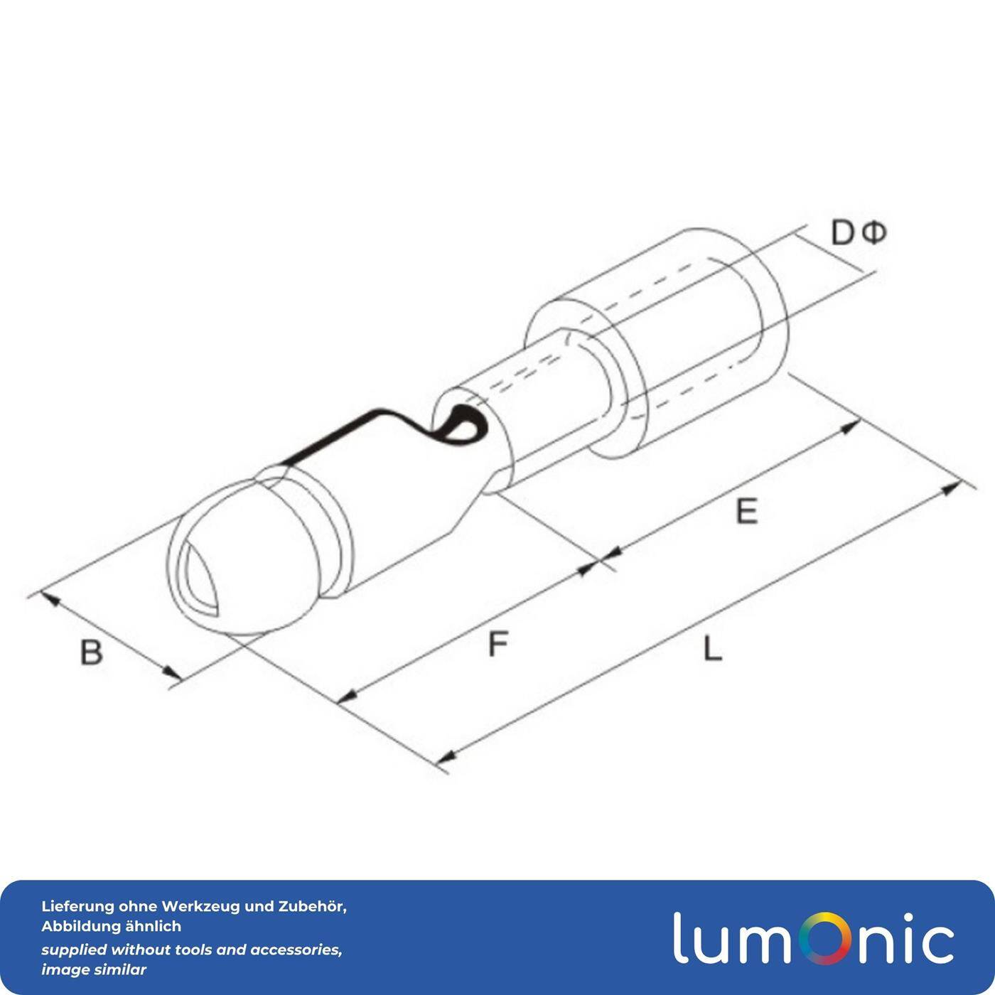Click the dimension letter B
coord(92,652)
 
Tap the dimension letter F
coord(498,643)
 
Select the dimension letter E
coord(746,511)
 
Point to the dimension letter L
coord(713,648)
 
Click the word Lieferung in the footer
coord(77,907)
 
